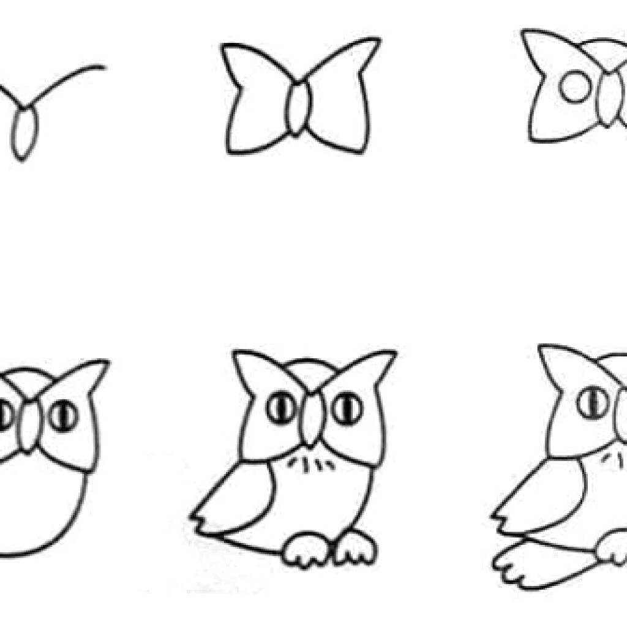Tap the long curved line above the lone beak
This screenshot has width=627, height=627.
(x=67, y=79)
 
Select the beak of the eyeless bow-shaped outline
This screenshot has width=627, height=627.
(x=298, y=109)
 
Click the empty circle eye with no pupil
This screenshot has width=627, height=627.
(x=575, y=87)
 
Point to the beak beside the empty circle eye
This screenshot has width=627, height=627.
(x=607, y=99)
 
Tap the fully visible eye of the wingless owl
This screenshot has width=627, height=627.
(x=64, y=415)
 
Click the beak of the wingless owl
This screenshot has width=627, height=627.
(x=28, y=426)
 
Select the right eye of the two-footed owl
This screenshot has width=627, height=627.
(x=347, y=408)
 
